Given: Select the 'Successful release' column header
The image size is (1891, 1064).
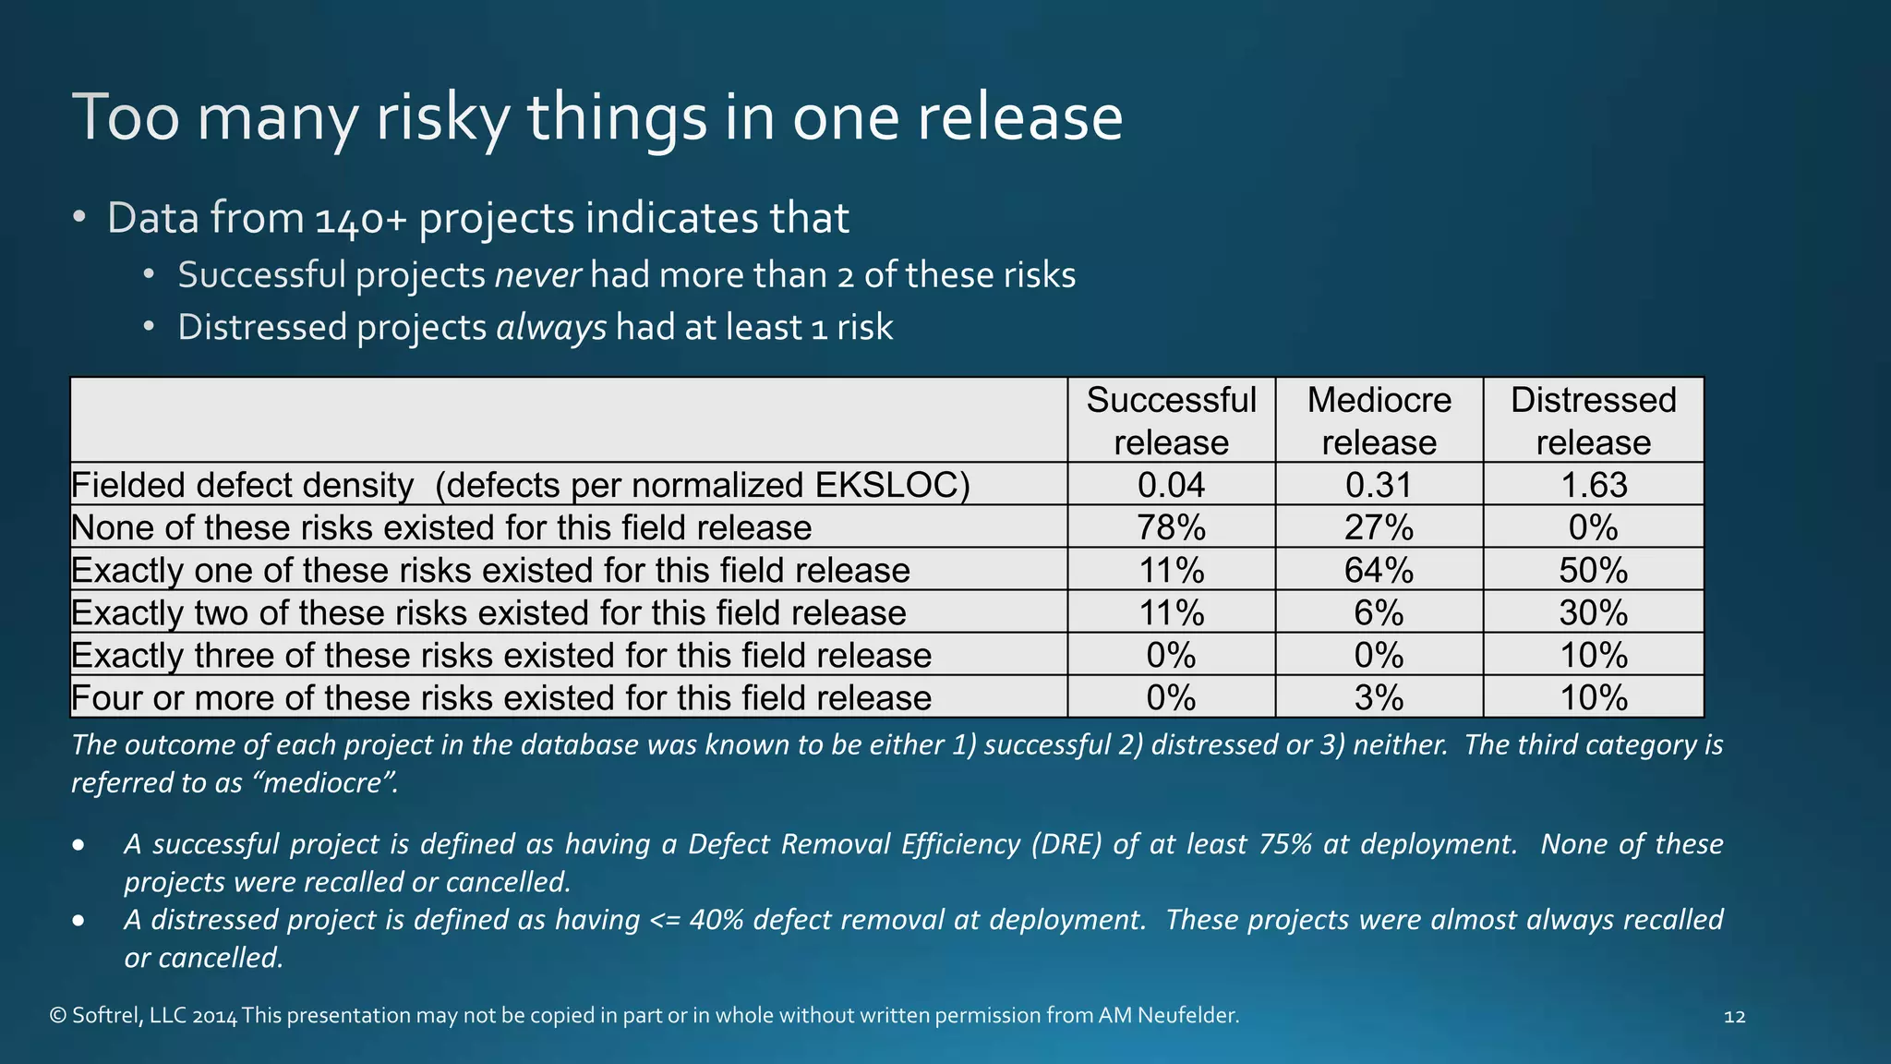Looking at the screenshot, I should [1171, 420].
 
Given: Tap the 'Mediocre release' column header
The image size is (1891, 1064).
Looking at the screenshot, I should [1379, 420].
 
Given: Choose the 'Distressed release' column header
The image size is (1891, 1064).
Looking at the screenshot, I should [1593, 420].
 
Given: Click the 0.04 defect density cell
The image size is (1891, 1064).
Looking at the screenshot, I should [1171, 485].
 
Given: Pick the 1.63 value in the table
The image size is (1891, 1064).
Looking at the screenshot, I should [1593, 485].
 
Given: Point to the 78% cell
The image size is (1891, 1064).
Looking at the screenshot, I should [1171, 527].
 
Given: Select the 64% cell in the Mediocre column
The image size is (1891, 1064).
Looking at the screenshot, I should [1379, 570].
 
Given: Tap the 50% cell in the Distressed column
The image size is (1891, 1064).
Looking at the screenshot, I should [1593, 570].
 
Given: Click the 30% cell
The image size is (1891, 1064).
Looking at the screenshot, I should [1593, 612].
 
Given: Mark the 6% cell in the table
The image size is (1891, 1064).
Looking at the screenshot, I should [1379, 612].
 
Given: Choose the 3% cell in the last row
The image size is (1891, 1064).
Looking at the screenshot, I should [1379, 697].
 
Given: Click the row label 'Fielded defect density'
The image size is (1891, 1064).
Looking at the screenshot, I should [243, 485].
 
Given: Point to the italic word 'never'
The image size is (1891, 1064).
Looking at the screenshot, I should [538, 275].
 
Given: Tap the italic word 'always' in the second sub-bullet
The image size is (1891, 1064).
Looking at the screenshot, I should [551, 328].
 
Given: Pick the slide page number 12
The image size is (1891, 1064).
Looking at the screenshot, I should [1734, 1017].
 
